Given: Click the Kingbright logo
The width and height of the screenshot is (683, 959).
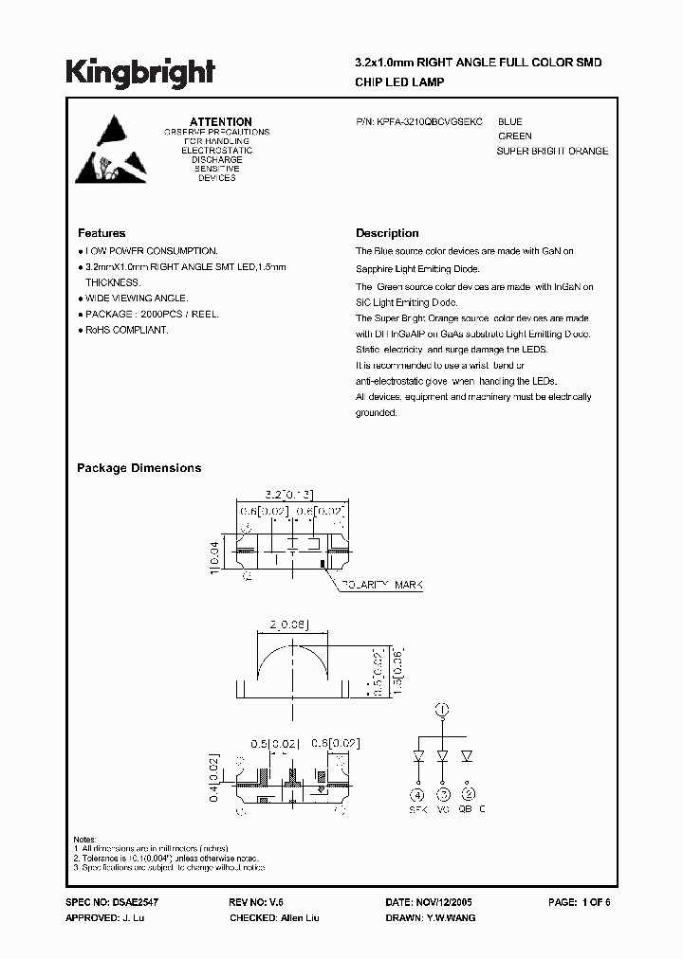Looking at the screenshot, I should point(140,72).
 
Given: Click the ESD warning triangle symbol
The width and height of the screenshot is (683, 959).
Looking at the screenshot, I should point(111,151).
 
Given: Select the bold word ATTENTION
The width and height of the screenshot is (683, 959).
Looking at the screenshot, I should point(221,122).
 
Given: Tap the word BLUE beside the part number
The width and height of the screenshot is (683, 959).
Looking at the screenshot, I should point(509,122).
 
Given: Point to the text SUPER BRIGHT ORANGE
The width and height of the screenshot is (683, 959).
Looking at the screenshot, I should point(552,152).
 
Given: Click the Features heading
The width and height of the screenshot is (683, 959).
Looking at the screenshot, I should point(102,233).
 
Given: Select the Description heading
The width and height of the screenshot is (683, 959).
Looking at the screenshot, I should point(387,233).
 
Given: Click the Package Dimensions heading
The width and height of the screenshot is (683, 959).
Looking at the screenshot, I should point(138,468).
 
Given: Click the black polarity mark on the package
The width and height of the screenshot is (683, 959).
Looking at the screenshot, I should point(323,564).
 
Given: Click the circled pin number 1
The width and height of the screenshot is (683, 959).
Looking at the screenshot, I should point(441,709).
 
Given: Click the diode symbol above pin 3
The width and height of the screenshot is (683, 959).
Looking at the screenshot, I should point(442,757).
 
